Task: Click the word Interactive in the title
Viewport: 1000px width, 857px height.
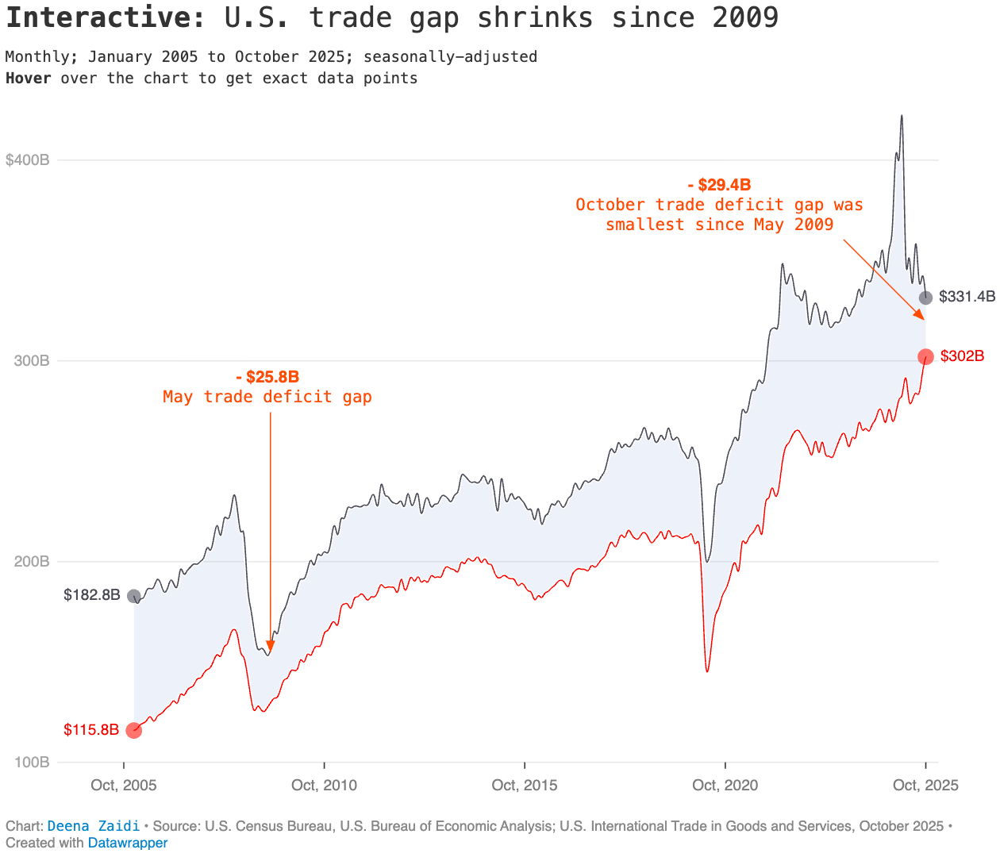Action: tap(106, 17)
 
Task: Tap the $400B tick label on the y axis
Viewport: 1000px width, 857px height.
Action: tap(28, 160)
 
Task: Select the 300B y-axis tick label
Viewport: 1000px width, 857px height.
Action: tap(32, 361)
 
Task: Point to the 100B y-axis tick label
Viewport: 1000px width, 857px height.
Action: tap(32, 763)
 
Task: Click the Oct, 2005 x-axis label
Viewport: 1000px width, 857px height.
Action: tap(124, 786)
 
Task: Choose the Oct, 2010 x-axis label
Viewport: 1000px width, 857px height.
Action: tap(324, 786)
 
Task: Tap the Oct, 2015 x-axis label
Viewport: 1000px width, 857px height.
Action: tap(525, 786)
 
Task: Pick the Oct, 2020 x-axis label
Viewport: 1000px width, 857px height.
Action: tap(725, 786)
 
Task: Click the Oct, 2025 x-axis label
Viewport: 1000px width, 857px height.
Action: tap(925, 786)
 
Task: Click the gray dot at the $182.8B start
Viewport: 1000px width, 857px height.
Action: tap(134, 596)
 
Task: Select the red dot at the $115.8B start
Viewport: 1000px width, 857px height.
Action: tap(134, 730)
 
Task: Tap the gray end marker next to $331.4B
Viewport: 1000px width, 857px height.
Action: tap(925, 298)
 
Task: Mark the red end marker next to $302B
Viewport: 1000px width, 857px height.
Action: tap(925, 357)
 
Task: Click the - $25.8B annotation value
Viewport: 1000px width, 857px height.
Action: tap(267, 377)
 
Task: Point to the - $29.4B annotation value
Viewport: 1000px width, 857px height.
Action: tap(719, 185)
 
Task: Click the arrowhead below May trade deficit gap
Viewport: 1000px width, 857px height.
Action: tap(271, 646)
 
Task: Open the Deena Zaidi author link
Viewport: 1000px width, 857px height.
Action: tap(94, 826)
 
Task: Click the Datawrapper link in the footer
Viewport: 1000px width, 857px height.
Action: tap(128, 843)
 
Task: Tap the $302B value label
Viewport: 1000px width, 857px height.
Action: tap(962, 356)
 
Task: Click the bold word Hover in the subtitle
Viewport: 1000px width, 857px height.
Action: tap(29, 78)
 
